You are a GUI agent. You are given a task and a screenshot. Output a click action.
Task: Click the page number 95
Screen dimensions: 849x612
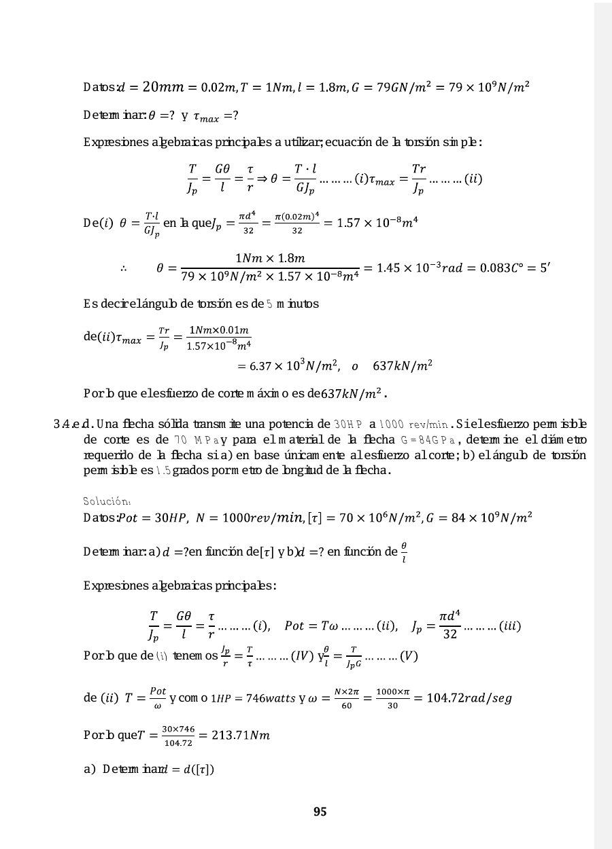pos(320,812)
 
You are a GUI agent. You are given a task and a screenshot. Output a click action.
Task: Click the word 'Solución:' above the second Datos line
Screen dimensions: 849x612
pos(107,501)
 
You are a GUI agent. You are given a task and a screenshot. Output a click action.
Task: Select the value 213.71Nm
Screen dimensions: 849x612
pos(239,734)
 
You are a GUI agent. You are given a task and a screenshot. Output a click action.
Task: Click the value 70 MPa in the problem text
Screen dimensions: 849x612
pos(196,439)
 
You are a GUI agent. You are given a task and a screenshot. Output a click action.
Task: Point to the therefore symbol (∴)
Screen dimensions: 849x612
pos(124,269)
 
